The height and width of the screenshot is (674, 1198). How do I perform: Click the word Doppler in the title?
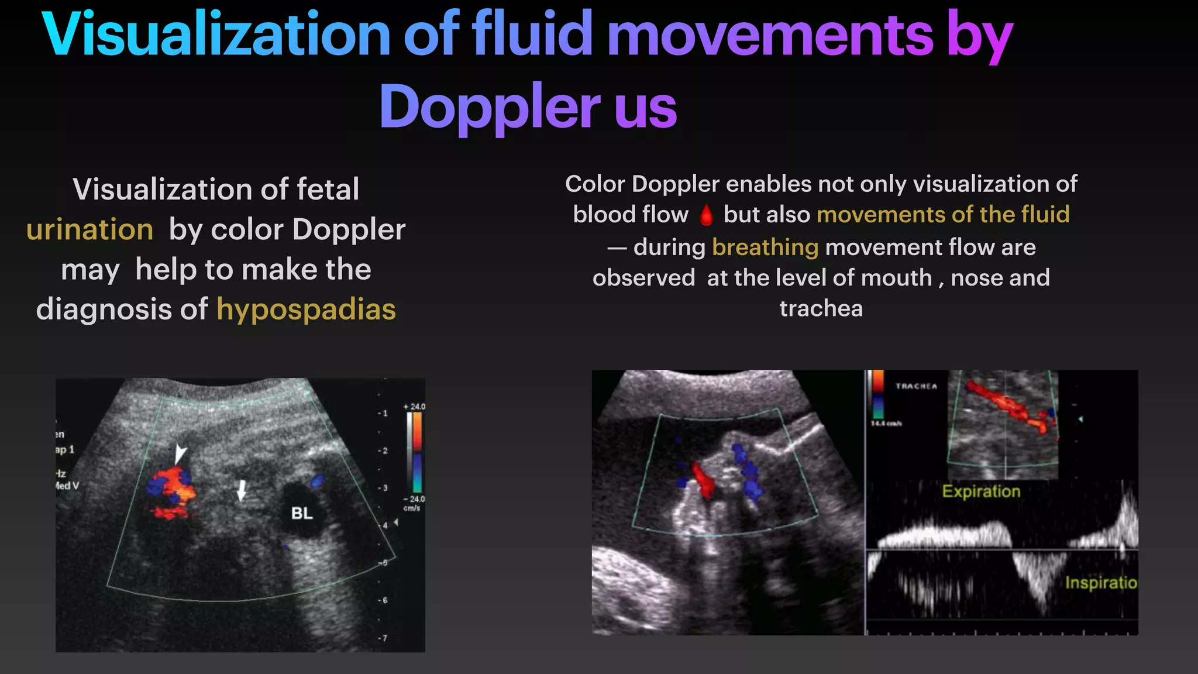(490, 108)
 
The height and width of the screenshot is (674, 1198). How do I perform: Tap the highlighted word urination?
(89, 229)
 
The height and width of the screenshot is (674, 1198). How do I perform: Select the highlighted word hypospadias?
(306, 309)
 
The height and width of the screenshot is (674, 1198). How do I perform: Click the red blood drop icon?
(706, 215)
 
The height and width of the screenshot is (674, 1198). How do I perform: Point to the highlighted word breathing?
(765, 247)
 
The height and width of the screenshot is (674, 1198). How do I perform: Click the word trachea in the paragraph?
(821, 308)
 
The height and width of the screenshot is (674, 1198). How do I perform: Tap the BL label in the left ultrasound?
(302, 513)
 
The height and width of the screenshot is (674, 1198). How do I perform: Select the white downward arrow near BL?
(241, 491)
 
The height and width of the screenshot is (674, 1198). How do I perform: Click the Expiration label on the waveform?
(981, 491)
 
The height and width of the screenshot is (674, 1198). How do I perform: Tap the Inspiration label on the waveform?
(1100, 582)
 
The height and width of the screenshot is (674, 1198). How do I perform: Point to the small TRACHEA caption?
(916, 386)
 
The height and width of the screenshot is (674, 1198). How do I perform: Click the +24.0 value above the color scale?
(415, 407)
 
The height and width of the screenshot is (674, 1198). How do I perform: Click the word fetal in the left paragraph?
(328, 190)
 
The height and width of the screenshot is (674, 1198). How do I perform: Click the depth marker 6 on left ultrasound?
(384, 600)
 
